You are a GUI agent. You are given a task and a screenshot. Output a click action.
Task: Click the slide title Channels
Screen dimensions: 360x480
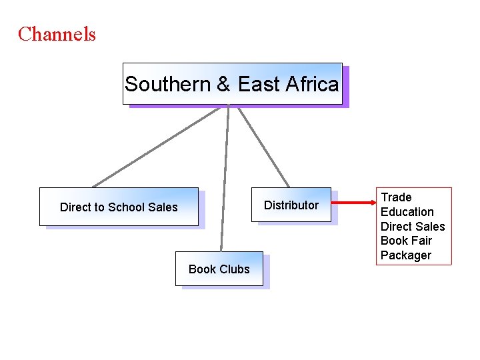click(57, 34)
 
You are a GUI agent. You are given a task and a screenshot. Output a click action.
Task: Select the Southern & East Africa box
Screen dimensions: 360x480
click(232, 84)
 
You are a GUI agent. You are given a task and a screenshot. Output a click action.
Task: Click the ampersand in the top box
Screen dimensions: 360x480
click(224, 85)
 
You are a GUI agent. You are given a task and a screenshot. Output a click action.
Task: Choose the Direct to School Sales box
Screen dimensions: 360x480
click(119, 207)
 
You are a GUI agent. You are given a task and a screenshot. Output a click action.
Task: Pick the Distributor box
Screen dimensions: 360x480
click(291, 205)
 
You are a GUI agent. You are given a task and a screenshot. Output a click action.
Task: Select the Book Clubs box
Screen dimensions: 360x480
click(219, 269)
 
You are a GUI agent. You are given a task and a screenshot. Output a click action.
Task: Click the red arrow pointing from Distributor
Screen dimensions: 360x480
click(353, 201)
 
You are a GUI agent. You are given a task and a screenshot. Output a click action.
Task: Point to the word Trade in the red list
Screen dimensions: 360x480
click(396, 197)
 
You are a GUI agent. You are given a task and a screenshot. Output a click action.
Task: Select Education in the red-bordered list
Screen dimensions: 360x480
click(407, 212)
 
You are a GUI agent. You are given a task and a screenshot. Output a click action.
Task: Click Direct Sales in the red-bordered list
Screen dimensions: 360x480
click(413, 227)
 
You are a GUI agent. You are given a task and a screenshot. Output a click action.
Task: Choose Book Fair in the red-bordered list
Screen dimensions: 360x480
click(406, 241)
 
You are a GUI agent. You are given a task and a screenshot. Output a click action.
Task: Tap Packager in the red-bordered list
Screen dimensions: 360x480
click(406, 255)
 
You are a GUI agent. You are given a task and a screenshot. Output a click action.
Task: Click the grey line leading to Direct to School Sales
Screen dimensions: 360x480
click(157, 146)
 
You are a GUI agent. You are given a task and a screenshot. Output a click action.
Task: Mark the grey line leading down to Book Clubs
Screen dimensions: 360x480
click(225, 180)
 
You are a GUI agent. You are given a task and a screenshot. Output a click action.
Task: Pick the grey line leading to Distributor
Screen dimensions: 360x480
click(263, 145)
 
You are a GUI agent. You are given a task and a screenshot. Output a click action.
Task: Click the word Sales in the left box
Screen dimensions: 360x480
click(163, 207)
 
